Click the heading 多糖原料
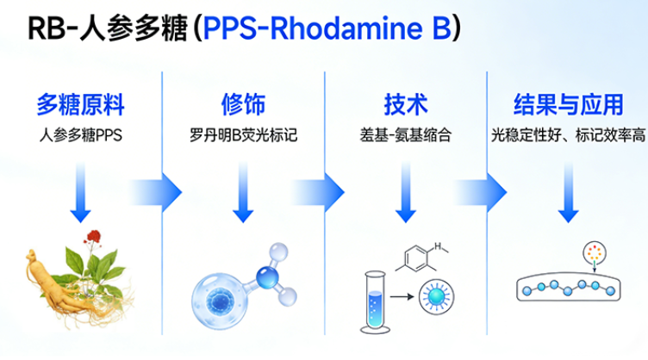click(x=81, y=105)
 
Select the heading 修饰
click(x=242, y=105)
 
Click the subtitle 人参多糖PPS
click(x=81, y=135)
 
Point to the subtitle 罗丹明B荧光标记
click(x=242, y=135)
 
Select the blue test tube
click(x=373, y=302)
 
